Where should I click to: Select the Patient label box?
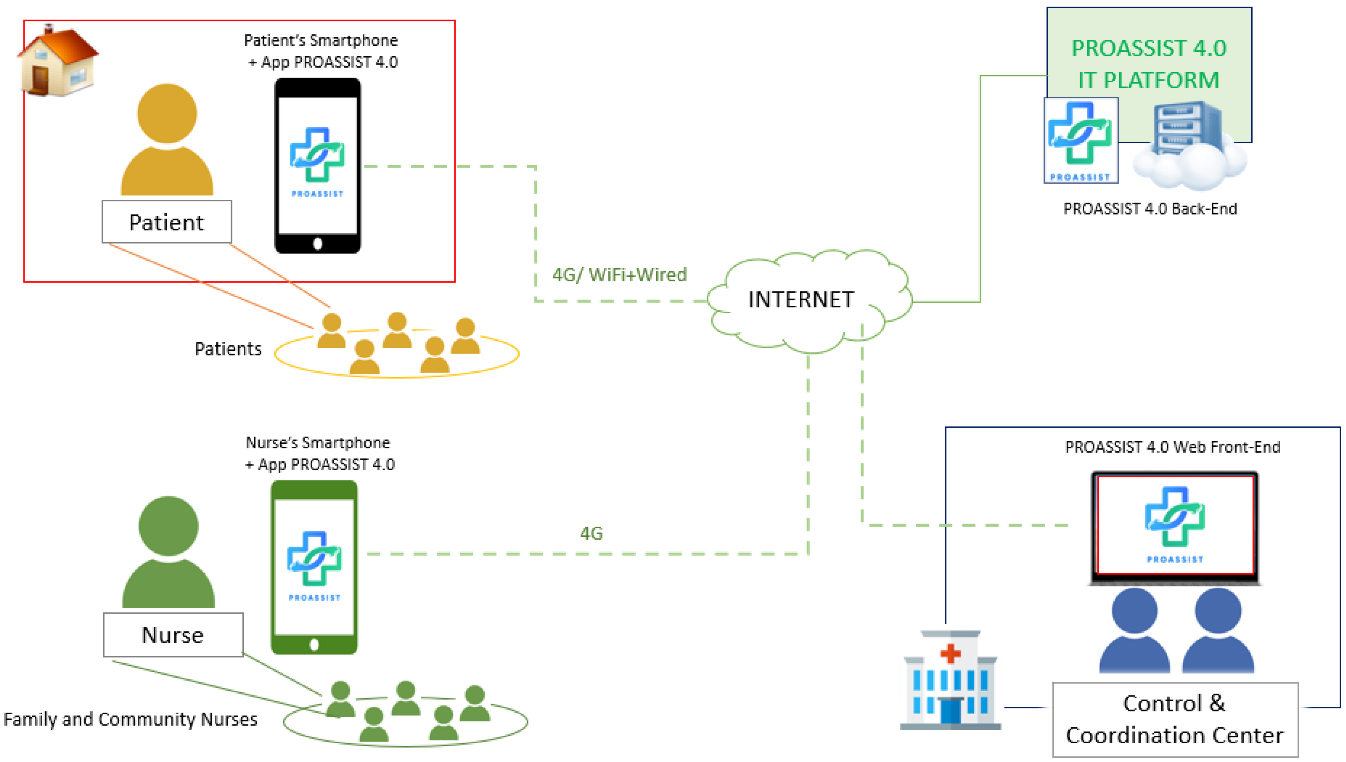tap(166, 222)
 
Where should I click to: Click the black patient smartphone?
tap(317, 165)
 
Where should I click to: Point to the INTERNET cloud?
tap(801, 300)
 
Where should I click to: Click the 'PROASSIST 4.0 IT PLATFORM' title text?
tap(1148, 64)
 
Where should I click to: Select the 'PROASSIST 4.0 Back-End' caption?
tap(1149, 209)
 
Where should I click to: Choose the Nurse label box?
tap(173, 635)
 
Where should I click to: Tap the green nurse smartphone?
tap(314, 567)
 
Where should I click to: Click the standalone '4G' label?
tap(591, 533)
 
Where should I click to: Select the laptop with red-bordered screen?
tap(1175, 527)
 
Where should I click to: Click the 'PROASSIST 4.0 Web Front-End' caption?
tap(1172, 447)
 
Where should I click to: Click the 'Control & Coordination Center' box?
tap(1175, 719)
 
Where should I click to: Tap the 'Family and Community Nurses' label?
tap(130, 719)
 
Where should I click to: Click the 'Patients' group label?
tap(228, 348)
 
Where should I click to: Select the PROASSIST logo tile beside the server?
tap(1080, 140)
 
